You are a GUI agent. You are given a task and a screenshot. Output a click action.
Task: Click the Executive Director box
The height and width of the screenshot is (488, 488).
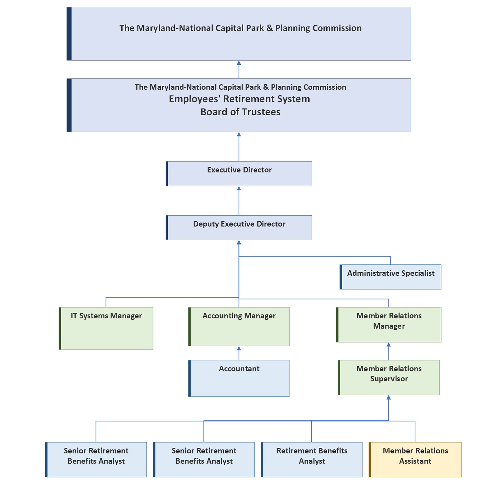tap(239, 174)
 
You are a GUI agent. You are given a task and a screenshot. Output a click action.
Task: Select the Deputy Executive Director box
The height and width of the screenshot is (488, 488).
tap(239, 228)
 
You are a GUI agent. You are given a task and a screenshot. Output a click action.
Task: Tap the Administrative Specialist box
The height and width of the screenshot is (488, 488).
tap(391, 277)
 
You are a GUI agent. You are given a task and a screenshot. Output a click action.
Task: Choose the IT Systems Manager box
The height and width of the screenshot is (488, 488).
tap(106, 328)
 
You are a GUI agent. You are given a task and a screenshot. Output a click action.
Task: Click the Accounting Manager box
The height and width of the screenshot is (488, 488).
tap(239, 326)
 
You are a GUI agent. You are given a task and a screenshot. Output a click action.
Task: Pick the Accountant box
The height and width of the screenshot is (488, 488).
tap(239, 378)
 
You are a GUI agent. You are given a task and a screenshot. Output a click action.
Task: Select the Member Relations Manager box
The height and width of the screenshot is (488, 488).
tap(389, 325)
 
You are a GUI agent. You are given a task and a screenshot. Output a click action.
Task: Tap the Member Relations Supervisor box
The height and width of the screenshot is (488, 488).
tap(389, 377)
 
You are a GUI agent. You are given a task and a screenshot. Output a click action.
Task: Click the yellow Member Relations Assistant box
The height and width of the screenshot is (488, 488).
tap(415, 459)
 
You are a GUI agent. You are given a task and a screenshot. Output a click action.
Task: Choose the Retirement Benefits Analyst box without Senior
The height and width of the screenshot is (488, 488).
tap(312, 459)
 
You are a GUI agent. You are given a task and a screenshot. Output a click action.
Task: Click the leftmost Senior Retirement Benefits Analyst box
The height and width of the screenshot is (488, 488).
tap(96, 459)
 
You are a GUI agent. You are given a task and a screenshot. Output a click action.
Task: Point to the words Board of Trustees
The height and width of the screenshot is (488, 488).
tap(240, 112)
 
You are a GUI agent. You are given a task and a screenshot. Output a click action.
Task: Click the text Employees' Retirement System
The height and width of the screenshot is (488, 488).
tap(239, 99)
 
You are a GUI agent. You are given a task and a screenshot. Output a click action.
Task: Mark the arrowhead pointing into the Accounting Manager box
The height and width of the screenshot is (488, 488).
tap(239, 348)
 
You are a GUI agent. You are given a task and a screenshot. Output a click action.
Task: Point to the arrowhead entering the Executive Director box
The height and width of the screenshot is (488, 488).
tap(239, 188)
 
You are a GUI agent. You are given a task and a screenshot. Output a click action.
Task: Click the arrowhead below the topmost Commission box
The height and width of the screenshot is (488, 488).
tap(239, 63)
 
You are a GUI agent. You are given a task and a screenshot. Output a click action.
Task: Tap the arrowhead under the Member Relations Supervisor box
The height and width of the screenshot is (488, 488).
tap(389, 397)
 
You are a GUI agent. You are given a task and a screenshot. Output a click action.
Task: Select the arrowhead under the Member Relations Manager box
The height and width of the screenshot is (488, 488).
tap(389, 345)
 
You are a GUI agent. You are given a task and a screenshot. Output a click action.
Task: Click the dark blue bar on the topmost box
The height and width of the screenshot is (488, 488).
tap(69, 34)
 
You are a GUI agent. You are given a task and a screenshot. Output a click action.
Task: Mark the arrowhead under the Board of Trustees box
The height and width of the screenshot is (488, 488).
tap(239, 135)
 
